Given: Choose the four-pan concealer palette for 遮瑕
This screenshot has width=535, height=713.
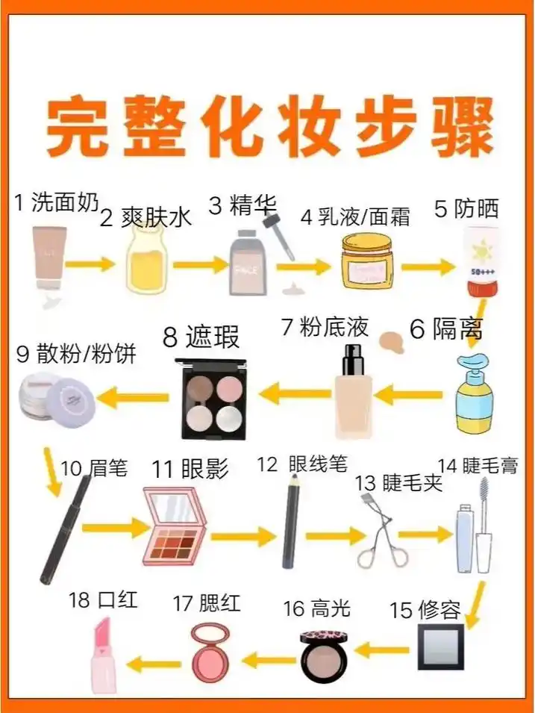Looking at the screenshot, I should click(213, 396).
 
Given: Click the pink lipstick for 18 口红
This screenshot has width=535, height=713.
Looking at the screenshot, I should click(101, 657).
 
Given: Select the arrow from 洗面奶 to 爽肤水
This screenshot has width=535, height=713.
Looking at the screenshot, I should click(90, 264).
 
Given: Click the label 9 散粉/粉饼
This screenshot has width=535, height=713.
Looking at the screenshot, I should click(76, 353).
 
